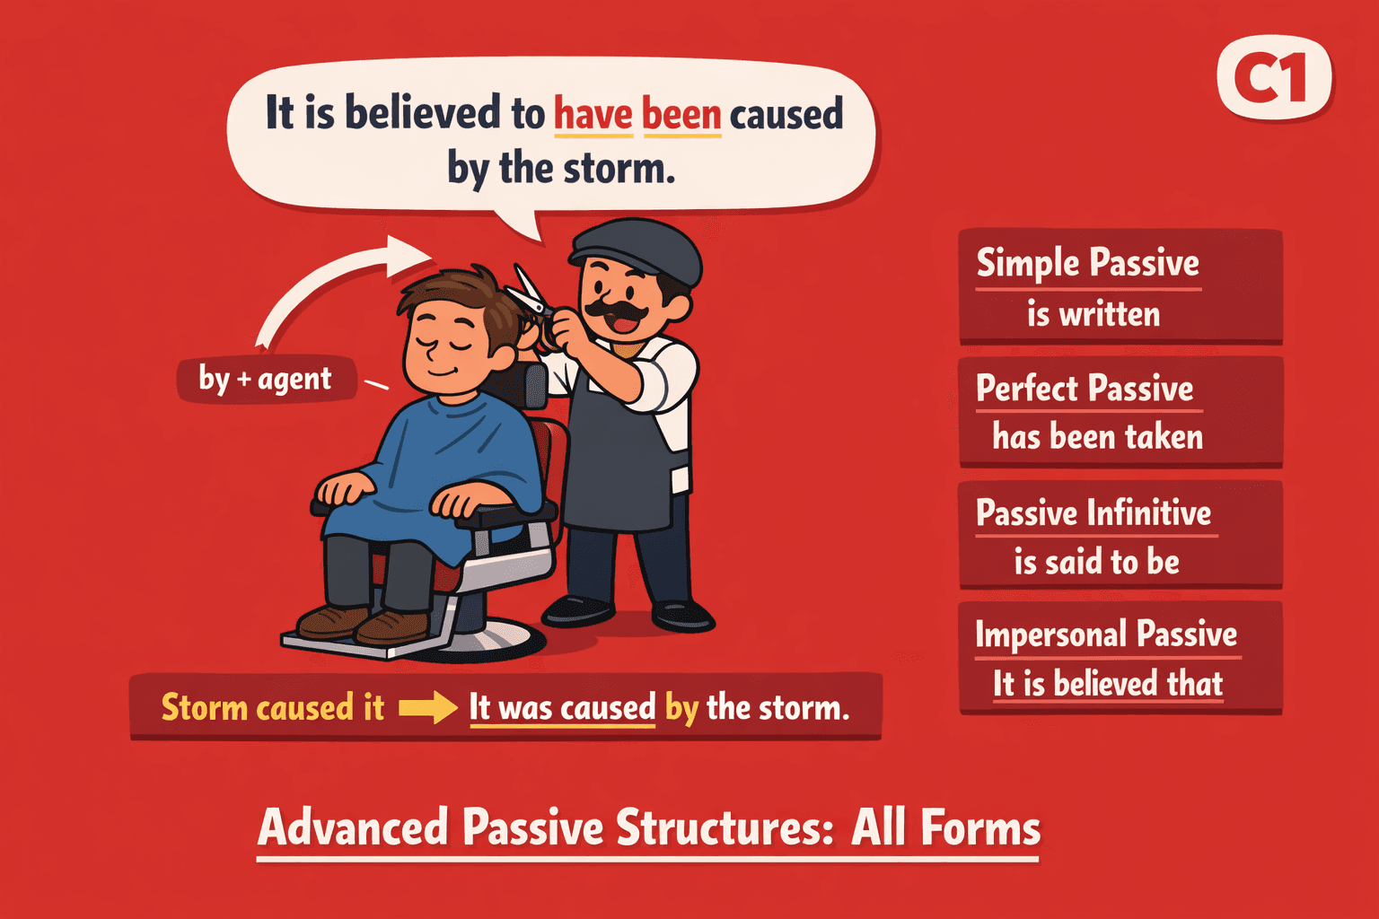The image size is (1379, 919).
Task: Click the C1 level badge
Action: click(1275, 77)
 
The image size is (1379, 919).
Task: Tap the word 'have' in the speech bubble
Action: click(593, 115)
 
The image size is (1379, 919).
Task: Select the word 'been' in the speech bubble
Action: click(681, 115)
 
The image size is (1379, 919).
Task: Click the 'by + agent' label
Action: click(266, 379)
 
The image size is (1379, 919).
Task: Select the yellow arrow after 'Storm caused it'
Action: click(427, 707)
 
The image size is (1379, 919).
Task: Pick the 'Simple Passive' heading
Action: click(1087, 264)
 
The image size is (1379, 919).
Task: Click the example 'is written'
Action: click(1094, 314)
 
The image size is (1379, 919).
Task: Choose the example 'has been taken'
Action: click(1097, 437)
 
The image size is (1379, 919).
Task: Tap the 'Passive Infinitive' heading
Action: click(1094, 513)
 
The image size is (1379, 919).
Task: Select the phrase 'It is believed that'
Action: click(1108, 684)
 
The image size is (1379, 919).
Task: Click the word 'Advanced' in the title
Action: click(353, 827)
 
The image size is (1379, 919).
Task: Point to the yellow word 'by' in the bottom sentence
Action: click(681, 708)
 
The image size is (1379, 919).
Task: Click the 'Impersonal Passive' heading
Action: click(1106, 635)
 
